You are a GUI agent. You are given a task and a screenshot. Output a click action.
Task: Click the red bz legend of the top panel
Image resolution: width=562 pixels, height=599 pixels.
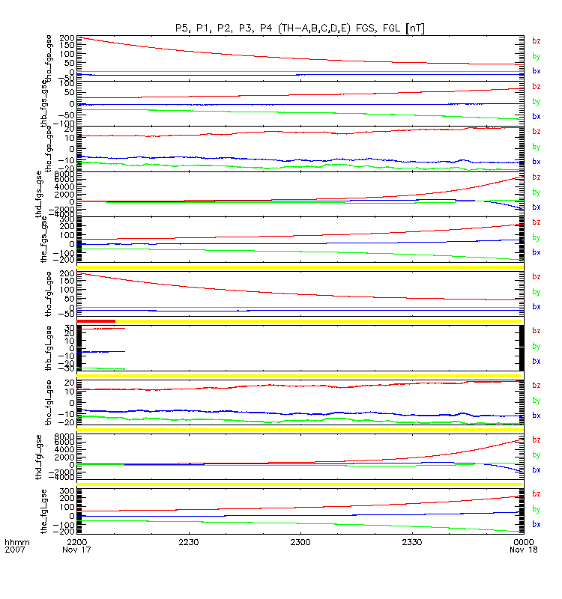click(536, 41)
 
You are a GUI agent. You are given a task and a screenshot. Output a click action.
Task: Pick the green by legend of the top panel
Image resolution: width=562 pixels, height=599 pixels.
click(536, 56)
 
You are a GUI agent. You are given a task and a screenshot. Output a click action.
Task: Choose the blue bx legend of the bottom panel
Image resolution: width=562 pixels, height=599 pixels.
click(536, 524)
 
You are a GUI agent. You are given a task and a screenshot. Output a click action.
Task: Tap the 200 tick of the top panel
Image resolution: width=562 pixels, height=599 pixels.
click(66, 37)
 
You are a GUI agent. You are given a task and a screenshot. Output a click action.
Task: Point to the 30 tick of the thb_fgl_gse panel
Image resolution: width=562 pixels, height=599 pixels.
click(67, 327)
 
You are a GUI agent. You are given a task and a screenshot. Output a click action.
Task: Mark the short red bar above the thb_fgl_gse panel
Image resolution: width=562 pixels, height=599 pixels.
click(96, 321)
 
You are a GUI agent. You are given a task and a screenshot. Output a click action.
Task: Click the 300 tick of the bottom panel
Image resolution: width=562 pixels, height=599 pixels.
click(66, 491)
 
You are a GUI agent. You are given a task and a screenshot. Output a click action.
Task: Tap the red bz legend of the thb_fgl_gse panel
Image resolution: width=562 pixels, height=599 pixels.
click(536, 331)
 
